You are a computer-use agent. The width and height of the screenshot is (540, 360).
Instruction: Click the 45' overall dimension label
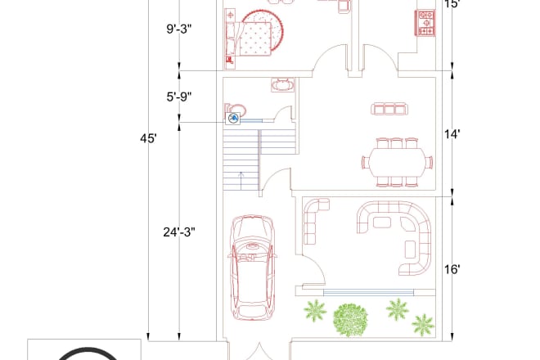(x=148, y=138)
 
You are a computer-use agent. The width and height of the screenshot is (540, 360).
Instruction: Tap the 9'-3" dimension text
(x=179, y=29)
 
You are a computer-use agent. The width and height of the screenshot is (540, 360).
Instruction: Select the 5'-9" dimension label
(x=179, y=97)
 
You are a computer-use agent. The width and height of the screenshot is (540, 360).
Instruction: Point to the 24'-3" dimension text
(x=179, y=232)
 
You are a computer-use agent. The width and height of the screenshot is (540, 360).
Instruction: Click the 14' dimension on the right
(x=452, y=134)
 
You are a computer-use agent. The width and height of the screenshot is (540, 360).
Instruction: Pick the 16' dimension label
(x=452, y=269)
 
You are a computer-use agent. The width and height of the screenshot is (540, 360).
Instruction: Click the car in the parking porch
(x=253, y=268)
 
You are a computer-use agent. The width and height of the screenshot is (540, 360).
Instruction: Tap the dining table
(x=397, y=162)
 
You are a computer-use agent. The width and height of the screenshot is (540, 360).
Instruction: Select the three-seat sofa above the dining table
(x=389, y=109)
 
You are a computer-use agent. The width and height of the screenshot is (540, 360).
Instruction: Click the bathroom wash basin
(x=283, y=85)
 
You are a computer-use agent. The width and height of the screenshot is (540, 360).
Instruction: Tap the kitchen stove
(x=426, y=23)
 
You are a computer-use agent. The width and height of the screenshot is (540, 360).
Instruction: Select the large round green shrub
(x=350, y=320)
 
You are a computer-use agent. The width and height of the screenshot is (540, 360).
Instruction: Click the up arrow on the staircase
(x=241, y=181)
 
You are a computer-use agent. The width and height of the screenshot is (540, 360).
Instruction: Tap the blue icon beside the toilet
(x=233, y=119)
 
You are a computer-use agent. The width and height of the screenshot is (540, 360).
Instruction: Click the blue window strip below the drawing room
(x=368, y=293)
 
